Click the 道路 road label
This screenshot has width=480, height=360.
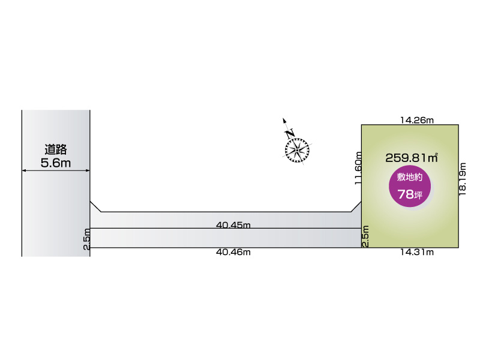(x=56, y=149)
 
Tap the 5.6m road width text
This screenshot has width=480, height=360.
(x=56, y=163)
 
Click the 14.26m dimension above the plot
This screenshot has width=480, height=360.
(x=417, y=120)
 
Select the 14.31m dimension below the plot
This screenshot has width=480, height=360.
(x=417, y=252)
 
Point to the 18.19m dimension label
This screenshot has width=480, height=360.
(x=462, y=179)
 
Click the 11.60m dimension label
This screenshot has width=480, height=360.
(x=358, y=168)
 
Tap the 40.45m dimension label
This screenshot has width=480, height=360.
(x=233, y=225)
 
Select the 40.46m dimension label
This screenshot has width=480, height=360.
(x=233, y=252)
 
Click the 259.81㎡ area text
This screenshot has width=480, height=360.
(x=412, y=158)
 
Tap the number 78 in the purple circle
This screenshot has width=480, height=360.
(x=406, y=194)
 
